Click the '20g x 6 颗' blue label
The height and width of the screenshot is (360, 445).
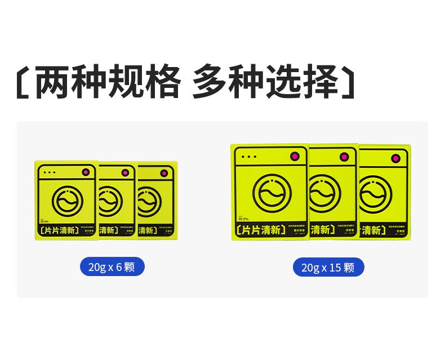112,266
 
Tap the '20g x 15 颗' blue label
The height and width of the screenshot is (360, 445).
328,267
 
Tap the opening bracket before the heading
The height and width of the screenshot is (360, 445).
22,83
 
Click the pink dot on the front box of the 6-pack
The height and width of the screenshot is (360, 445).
86,172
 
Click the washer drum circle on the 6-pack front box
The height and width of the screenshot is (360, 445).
68,199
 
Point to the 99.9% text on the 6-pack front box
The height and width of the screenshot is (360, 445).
45,221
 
